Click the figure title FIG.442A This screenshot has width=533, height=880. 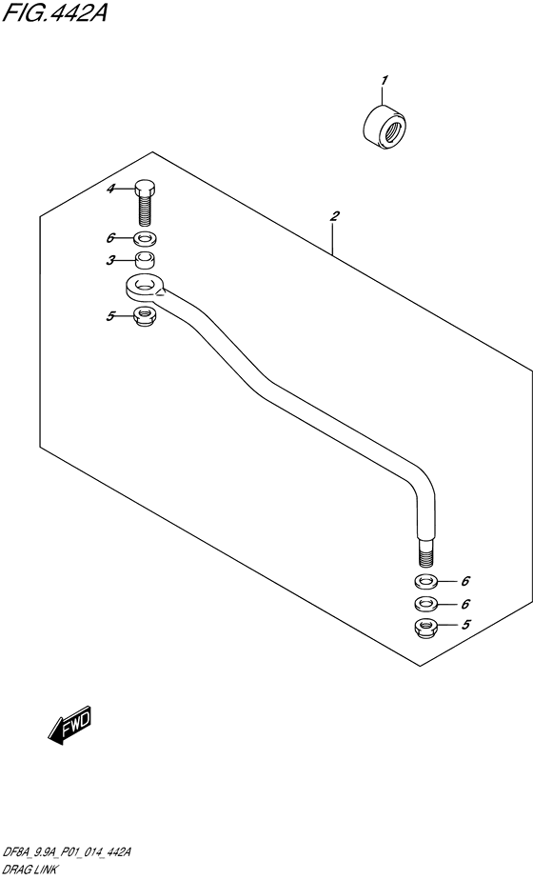coord(54,13)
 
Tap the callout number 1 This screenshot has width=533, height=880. coord(384,81)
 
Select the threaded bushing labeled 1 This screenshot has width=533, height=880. coord(385,128)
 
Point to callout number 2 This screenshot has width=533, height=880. coord(334,216)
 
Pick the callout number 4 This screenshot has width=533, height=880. coord(111,190)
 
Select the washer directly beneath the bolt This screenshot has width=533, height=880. coord(146,240)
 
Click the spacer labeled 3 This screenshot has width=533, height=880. coord(146,261)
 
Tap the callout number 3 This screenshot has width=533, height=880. coord(111,260)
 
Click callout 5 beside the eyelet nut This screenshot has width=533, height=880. coord(110,316)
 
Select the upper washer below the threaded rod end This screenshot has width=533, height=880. coord(426,581)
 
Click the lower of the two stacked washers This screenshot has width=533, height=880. coord(426,605)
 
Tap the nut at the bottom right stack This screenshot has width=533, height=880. coord(426,627)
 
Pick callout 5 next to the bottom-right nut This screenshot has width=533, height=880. coord(465,624)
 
